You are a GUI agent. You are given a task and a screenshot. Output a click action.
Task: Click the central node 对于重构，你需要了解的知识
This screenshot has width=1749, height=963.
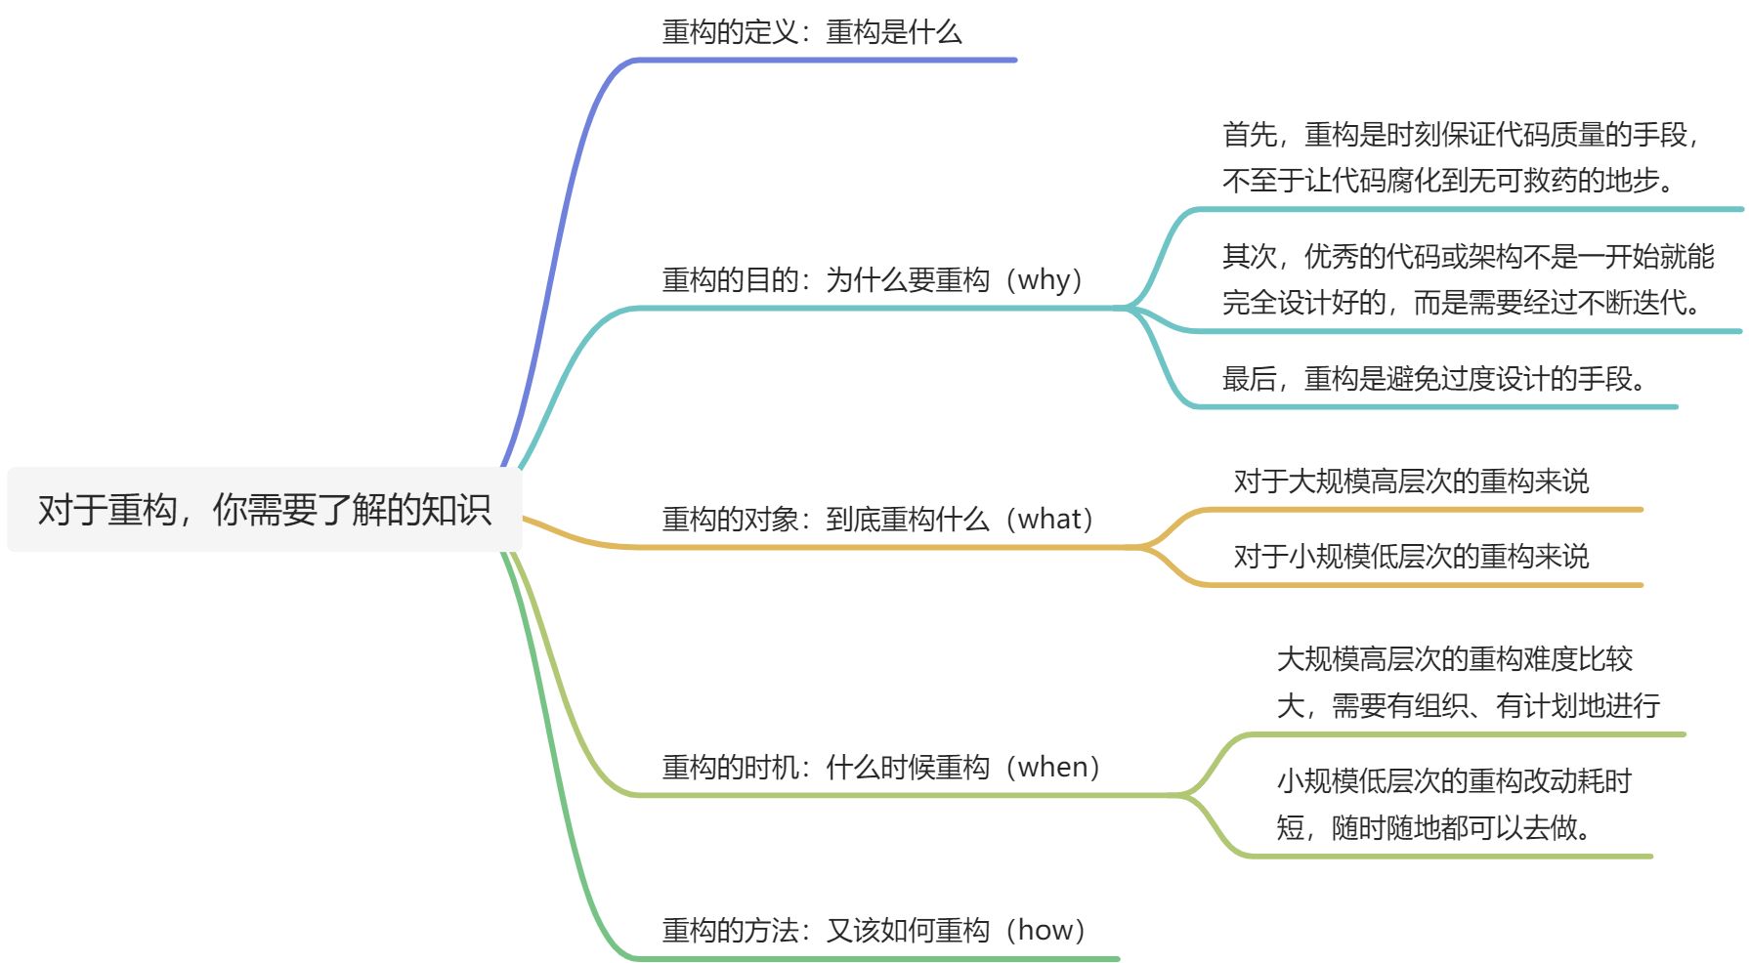(x=264, y=510)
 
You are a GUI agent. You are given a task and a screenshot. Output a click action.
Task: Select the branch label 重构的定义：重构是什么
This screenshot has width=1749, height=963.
(x=812, y=32)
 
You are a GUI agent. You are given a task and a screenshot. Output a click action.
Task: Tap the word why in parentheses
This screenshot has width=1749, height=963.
(x=1049, y=280)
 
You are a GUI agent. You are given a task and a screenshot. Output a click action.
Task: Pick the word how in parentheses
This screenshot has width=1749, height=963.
(x=1051, y=931)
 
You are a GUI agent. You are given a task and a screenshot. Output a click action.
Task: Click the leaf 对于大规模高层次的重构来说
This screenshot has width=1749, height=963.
(x=1411, y=481)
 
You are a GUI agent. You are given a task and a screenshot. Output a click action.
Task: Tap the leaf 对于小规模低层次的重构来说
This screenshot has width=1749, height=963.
(x=1411, y=557)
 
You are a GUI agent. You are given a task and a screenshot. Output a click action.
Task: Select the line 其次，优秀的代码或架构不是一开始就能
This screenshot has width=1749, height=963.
(x=1469, y=257)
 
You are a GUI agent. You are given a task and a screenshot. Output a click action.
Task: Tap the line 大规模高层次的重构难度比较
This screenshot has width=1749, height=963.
(x=1455, y=659)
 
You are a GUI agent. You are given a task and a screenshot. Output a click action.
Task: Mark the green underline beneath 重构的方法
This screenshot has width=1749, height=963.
(x=879, y=959)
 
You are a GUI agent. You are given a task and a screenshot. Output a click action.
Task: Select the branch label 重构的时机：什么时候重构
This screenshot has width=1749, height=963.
(x=826, y=768)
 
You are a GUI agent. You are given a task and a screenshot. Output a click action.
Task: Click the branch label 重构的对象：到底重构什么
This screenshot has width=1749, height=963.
(x=826, y=519)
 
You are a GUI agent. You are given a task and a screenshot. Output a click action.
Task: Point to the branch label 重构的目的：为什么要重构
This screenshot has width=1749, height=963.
(x=826, y=280)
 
